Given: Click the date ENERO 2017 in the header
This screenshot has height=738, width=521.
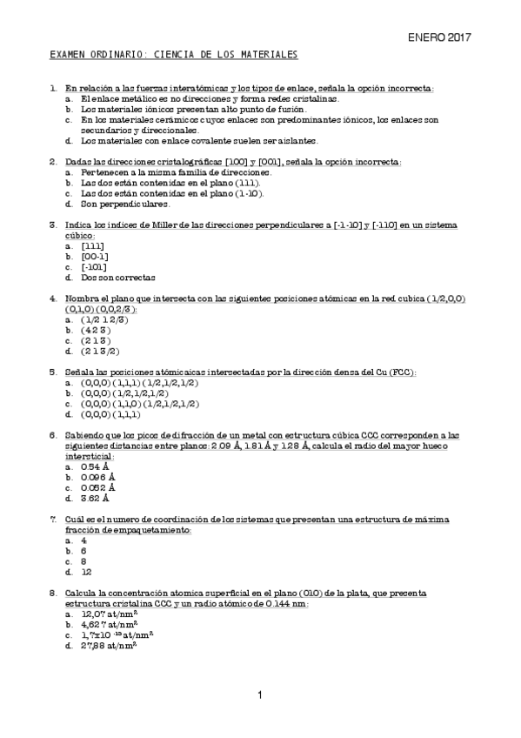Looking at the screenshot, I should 439,37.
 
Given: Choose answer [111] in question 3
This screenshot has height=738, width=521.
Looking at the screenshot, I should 91,246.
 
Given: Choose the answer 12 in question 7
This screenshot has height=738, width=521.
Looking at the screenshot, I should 86,573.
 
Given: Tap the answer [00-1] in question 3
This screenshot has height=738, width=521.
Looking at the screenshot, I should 95,257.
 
